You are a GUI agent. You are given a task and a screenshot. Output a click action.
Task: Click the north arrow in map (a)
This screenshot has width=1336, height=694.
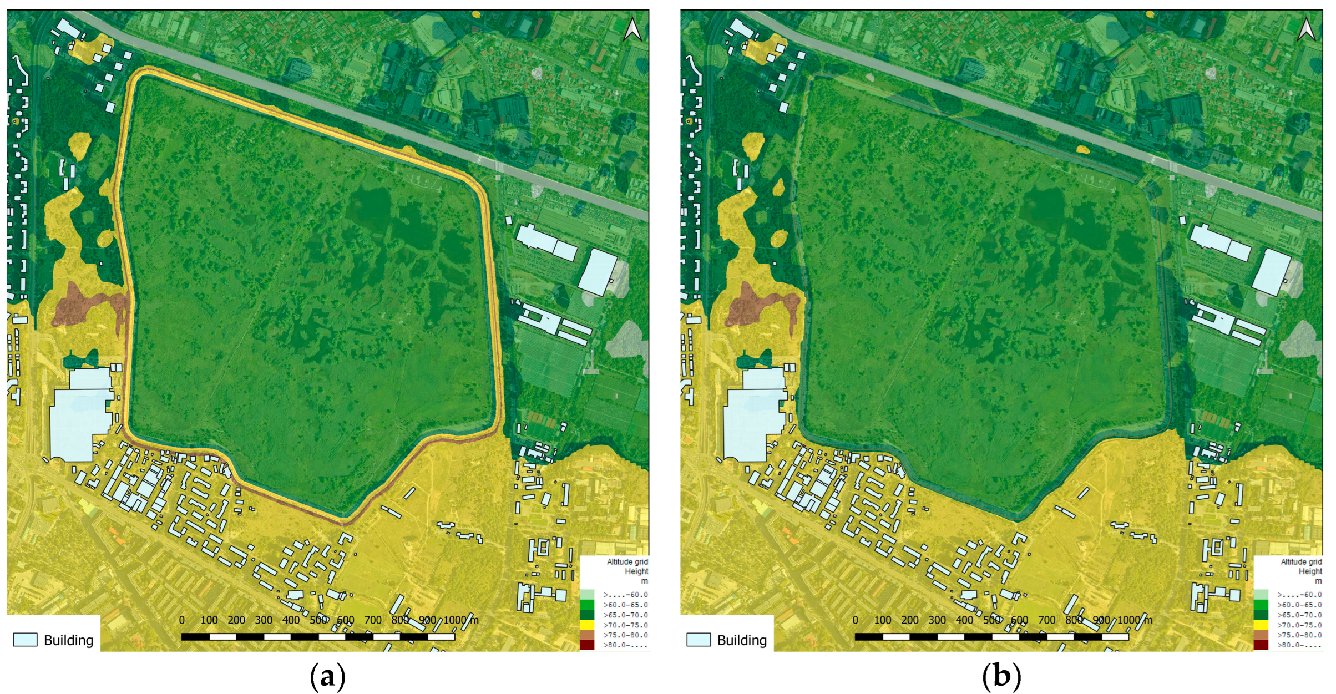[632, 30]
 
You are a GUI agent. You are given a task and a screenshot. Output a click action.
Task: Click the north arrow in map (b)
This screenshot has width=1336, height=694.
[1306, 30]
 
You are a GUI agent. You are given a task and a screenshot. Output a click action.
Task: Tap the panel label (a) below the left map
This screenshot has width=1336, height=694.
[327, 676]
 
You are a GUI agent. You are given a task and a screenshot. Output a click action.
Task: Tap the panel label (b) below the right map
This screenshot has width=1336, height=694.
[1001, 676]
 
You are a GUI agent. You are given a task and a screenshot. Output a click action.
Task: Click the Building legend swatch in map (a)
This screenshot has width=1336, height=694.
[25, 640]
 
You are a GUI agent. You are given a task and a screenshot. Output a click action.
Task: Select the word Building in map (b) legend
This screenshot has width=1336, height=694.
[742, 640]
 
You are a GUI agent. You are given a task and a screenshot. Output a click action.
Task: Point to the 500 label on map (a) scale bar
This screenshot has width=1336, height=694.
[318, 620]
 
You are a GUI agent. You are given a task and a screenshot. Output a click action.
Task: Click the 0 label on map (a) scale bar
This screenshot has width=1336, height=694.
[182, 620]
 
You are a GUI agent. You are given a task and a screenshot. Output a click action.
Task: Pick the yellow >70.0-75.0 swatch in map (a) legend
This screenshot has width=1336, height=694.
[587, 625]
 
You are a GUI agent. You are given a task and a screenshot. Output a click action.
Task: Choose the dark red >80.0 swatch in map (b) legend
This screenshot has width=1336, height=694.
[1261, 645]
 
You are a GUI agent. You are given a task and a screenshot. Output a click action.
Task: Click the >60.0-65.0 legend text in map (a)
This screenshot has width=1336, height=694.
[625, 605]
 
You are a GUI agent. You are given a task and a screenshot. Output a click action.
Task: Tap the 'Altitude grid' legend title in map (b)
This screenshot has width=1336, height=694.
[1301, 562]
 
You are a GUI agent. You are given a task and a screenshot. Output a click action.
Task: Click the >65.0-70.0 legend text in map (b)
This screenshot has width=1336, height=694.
[1299, 615]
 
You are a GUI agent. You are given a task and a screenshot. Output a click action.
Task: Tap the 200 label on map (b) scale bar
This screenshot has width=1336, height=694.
[910, 620]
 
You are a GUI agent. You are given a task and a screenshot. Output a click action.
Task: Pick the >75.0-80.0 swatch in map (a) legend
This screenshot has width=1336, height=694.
[587, 635]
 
